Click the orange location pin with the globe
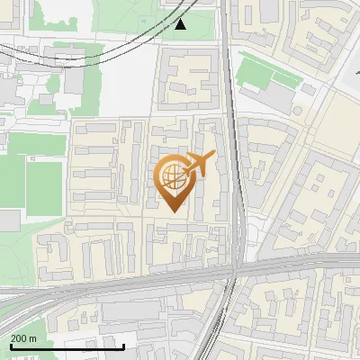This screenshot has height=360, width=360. tap(174, 181)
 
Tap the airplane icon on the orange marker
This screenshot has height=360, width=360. tap(199, 164)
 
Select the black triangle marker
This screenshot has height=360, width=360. tap(182, 24)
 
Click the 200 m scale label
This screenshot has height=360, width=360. tap(23, 338)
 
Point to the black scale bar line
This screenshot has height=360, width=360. tap(67, 346)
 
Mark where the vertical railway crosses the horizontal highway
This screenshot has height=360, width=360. tap(232, 273)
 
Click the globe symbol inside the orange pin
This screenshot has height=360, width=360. tap(173, 177)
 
